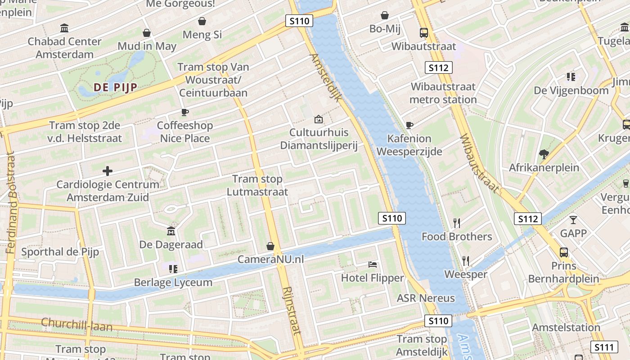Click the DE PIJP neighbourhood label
click(x=115, y=87)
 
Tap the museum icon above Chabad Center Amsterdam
click(x=64, y=28)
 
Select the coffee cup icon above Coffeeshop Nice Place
click(x=184, y=112)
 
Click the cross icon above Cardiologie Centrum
click(x=107, y=171)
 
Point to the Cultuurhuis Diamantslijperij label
click(x=319, y=139)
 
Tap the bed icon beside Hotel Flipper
click(x=373, y=264)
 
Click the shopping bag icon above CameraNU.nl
click(x=270, y=246)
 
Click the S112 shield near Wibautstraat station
click(x=438, y=68)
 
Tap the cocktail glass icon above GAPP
click(x=573, y=220)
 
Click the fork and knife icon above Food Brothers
click(x=456, y=223)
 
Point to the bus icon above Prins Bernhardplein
click(x=563, y=252)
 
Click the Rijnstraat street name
click(x=292, y=310)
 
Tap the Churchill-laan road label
click(x=76, y=324)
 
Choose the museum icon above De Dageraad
click(x=171, y=231)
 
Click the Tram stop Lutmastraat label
click(x=257, y=185)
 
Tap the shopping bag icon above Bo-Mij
click(x=384, y=15)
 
